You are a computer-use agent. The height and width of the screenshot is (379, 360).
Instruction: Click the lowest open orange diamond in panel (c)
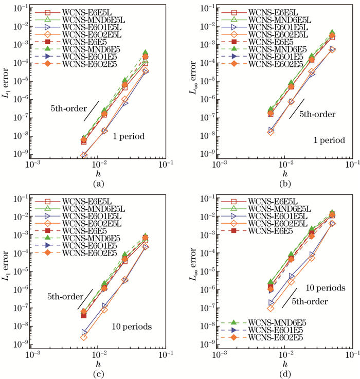tap(84, 337)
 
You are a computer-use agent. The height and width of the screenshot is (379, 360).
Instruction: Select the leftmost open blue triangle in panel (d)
tap(271, 303)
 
